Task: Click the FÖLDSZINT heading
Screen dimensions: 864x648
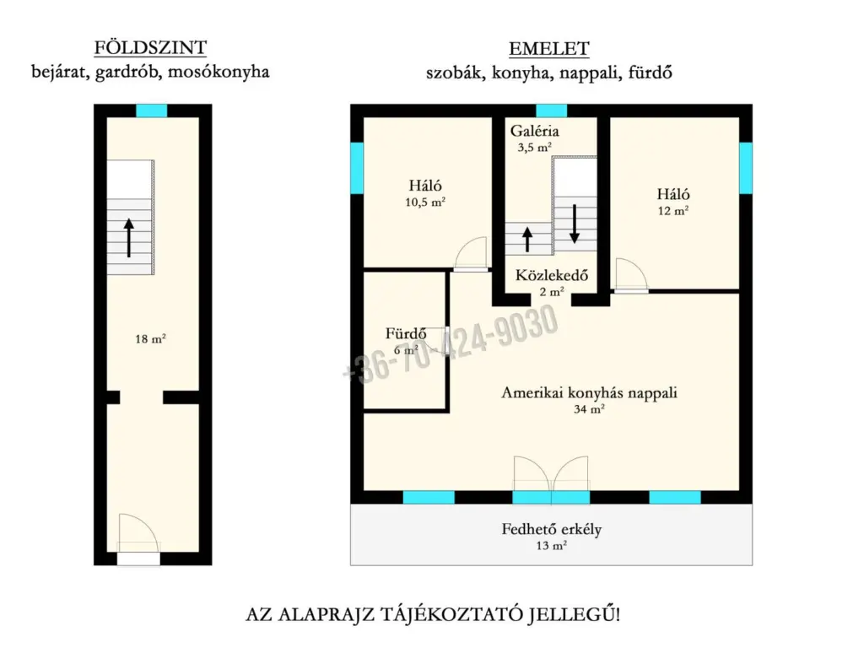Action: [150, 48]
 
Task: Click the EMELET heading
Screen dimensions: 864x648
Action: [548, 49]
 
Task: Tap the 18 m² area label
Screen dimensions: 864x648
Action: [150, 339]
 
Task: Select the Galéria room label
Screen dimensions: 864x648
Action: [534, 131]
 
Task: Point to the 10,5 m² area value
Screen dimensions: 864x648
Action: [425, 202]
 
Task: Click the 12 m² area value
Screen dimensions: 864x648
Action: [672, 210]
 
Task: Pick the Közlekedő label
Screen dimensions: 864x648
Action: [552, 275]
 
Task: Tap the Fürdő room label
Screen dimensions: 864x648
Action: [406, 333]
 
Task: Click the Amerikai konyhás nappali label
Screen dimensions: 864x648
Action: [589, 393]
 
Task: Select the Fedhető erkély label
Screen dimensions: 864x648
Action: [552, 530]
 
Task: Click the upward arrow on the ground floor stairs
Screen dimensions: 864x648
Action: [129, 238]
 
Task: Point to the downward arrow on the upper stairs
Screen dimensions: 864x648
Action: [575, 224]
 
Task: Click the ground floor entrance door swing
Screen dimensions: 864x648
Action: [138, 533]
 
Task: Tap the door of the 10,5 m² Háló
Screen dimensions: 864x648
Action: [471, 254]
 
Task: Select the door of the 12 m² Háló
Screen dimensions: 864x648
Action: [631, 275]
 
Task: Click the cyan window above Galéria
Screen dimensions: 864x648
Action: [552, 111]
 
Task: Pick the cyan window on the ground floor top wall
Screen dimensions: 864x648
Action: [152, 111]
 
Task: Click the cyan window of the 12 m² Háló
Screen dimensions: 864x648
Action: [746, 168]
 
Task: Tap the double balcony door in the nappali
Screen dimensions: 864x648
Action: [551, 479]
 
